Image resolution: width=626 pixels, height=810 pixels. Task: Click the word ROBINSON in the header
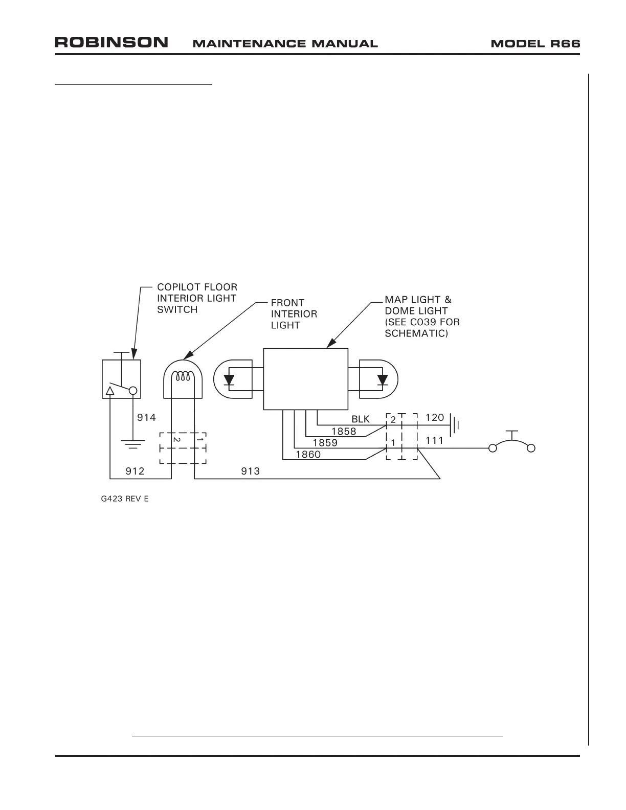pos(111,42)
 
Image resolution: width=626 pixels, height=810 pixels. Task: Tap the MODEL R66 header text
pos(535,43)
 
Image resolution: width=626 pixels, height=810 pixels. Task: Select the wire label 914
pos(146,418)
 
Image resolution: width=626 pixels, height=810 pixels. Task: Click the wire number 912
pos(135,471)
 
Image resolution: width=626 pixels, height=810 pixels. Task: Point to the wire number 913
pos(251,471)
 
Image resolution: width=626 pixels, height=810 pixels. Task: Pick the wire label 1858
pos(344,431)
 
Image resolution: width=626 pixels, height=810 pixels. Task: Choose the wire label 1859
pos(325,443)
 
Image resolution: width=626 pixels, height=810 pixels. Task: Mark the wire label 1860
pos(308,454)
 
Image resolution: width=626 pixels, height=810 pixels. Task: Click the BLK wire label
pos(360,419)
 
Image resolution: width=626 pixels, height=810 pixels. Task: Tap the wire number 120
pos(435,418)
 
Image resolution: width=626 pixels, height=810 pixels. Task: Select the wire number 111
pos(435,440)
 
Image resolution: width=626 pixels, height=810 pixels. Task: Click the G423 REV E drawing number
pos(125,499)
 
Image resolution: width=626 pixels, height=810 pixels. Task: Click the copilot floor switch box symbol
pos(121,379)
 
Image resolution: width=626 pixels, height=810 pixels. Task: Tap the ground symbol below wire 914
pos(133,443)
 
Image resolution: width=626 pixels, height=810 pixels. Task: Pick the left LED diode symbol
pos(229,380)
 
